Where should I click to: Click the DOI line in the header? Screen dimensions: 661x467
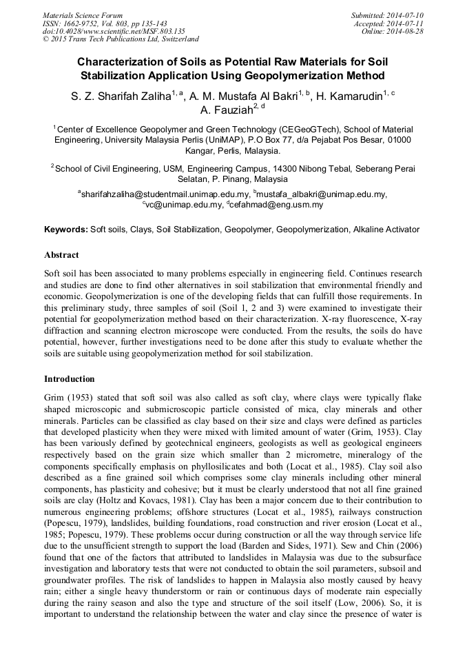tap(114, 31)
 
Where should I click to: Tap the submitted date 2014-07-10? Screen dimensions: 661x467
tap(404, 14)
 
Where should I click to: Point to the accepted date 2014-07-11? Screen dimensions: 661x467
tap(404, 23)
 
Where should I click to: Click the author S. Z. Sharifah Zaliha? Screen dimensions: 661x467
tap(130, 96)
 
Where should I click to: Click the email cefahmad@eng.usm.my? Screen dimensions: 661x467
tap(275, 205)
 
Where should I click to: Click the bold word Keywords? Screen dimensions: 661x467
tap(66, 229)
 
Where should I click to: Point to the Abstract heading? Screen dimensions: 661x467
tap(61, 254)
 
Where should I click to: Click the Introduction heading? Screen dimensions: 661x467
tap(70, 379)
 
